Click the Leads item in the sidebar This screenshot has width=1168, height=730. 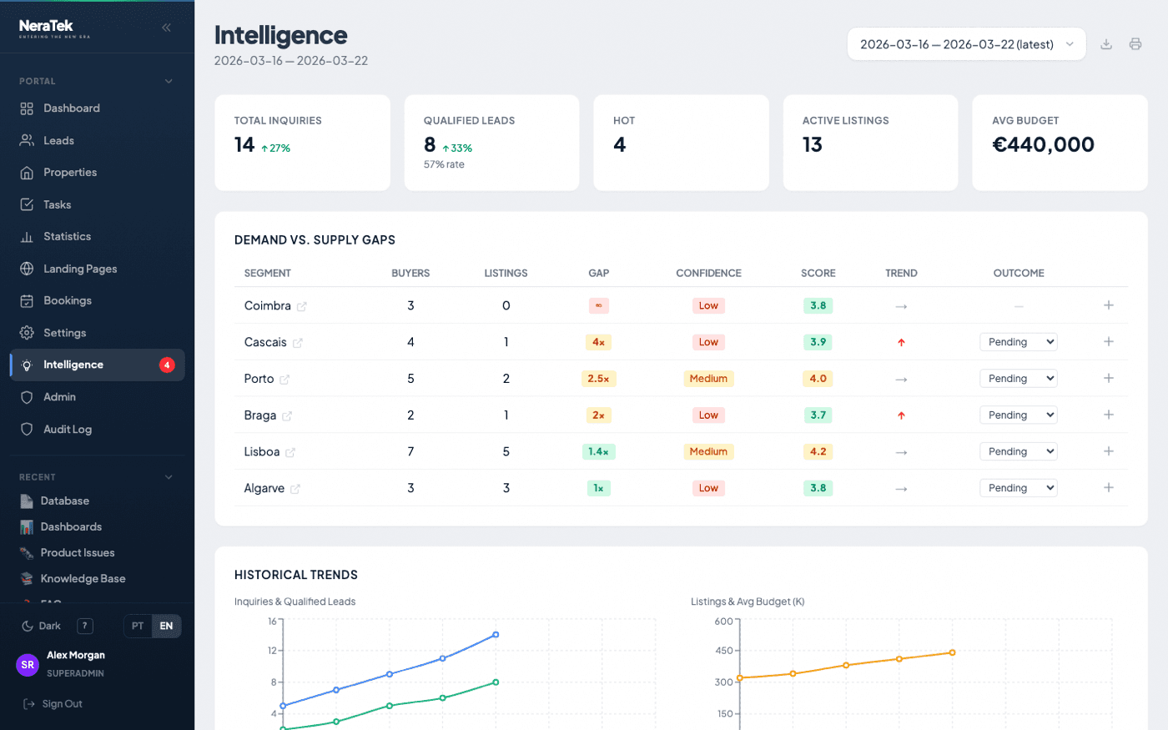[x=58, y=140]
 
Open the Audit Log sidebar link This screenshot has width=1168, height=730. [x=67, y=429]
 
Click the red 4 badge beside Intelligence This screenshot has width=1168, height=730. [x=167, y=365]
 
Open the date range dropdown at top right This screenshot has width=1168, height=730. [x=966, y=44]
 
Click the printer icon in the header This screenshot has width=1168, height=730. [x=1135, y=44]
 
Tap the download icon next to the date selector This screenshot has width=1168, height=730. [x=1105, y=44]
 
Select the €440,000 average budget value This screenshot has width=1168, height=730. [x=1043, y=144]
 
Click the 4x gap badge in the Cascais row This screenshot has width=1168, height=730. [x=598, y=342]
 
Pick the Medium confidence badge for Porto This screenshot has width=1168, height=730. [x=708, y=379]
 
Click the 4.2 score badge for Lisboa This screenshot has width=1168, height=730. [x=818, y=451]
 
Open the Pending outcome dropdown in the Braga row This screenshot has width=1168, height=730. [x=1018, y=415]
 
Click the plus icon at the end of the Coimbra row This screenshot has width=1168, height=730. [x=1108, y=305]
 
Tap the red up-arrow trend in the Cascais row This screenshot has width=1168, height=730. [x=901, y=342]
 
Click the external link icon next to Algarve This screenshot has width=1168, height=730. [x=295, y=489]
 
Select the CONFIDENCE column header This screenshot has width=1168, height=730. [x=708, y=273]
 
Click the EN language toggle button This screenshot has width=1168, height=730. [x=166, y=626]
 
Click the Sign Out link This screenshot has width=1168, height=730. [x=62, y=703]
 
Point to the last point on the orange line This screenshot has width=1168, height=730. [x=952, y=652]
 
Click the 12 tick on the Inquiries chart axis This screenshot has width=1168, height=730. [x=272, y=650]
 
